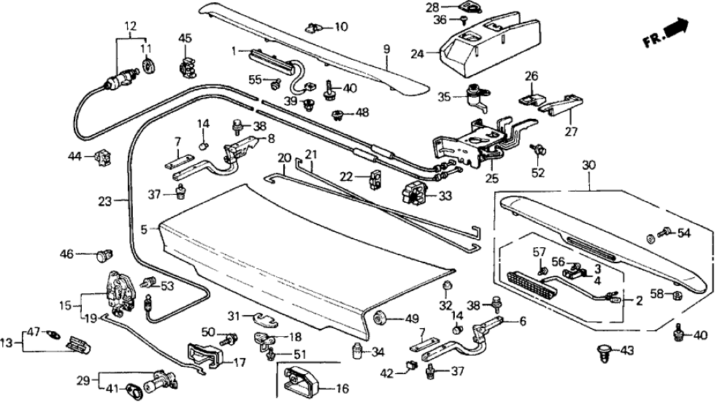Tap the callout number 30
(x=588, y=166)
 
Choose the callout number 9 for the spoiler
(x=387, y=50)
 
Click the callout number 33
(x=445, y=195)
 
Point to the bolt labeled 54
(x=667, y=233)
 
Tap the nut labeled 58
(x=675, y=295)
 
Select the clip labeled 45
(x=188, y=66)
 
